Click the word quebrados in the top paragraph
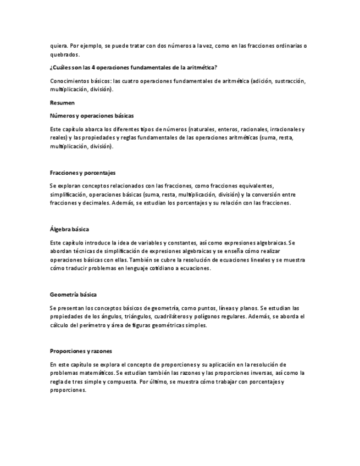click(x=65, y=54)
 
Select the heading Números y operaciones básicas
click(x=91, y=115)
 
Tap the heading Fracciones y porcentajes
click(x=82, y=173)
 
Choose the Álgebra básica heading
click(x=69, y=229)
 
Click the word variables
click(x=144, y=242)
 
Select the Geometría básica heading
click(x=73, y=295)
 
